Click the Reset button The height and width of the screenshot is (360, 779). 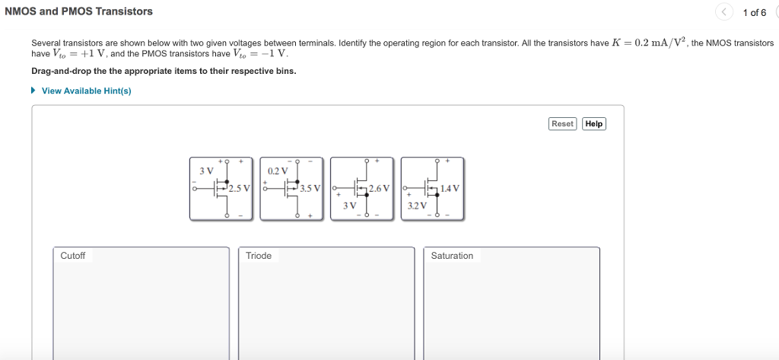click(562, 124)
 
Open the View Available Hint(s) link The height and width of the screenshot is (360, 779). click(86, 91)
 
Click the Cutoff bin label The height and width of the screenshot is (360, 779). click(73, 256)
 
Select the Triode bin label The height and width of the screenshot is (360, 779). click(259, 256)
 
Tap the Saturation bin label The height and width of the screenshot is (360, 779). click(452, 256)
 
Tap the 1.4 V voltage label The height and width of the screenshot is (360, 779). click(450, 188)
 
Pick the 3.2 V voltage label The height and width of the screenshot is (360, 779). click(417, 205)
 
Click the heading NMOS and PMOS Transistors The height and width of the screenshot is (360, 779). click(78, 11)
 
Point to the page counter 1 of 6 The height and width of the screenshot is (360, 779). click(754, 12)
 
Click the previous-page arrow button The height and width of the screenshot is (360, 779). click(725, 12)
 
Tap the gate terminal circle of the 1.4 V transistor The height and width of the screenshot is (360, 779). click(405, 188)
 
